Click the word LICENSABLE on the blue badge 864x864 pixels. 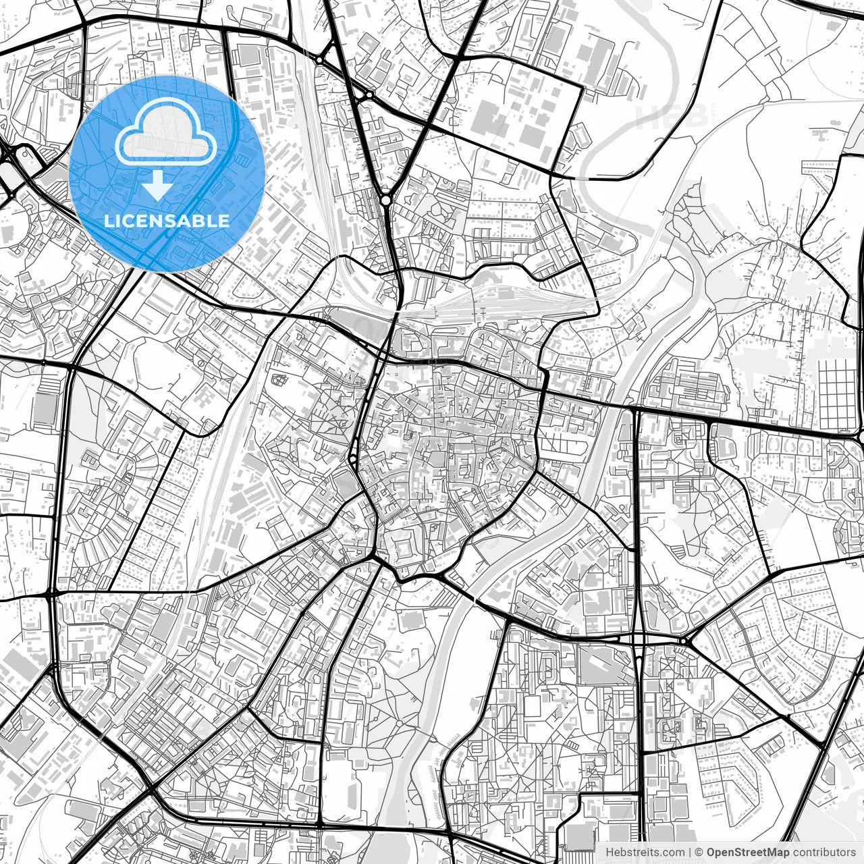pyautogui.click(x=167, y=221)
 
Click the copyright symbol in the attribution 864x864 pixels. pyautogui.click(x=700, y=853)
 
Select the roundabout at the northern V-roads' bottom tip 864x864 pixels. pyautogui.click(x=385, y=200)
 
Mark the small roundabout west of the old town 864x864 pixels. pyautogui.click(x=353, y=460)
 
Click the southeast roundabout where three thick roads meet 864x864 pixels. pyautogui.click(x=684, y=640)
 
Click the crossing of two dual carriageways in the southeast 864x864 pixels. pyautogui.click(x=638, y=638)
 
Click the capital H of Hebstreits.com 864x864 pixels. pyautogui.click(x=610, y=853)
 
